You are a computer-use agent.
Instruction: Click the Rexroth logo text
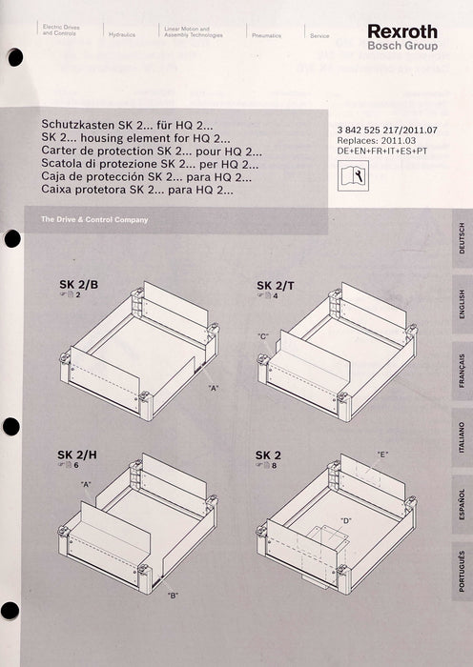[401, 31]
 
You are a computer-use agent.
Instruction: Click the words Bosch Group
[401, 46]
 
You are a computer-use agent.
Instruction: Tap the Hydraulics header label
[122, 33]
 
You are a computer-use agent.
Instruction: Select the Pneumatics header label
[266, 33]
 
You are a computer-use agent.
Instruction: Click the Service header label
[319, 33]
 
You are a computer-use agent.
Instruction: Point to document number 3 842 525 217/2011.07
[386, 129]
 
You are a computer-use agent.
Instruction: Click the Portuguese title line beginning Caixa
[137, 191]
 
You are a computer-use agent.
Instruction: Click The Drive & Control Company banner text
[93, 220]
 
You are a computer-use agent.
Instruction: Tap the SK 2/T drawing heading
[277, 286]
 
